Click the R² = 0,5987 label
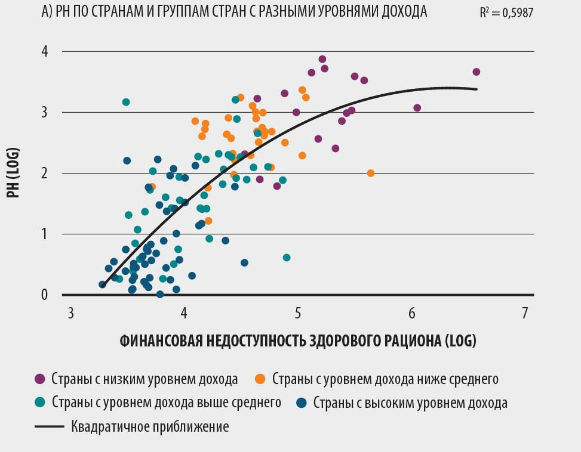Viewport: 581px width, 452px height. point(506,11)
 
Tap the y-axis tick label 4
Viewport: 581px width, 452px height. point(44,52)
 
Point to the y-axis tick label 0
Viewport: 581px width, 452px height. point(44,295)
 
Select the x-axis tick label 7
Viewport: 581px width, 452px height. point(525,313)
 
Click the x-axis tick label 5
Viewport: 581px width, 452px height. point(298,313)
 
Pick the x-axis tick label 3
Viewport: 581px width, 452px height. point(70,313)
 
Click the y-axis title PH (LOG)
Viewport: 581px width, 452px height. point(20,172)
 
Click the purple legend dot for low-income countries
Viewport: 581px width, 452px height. point(41,379)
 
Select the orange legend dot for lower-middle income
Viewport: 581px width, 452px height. point(260,379)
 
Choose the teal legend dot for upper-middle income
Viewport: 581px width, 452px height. point(41,403)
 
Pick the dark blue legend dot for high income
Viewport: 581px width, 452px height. point(302,403)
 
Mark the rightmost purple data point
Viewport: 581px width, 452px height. point(476,72)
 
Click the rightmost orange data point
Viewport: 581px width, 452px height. point(371,173)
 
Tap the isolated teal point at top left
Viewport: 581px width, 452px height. point(126,102)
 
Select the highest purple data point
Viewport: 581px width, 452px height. point(322,59)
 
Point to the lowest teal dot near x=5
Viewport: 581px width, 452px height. point(287,258)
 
